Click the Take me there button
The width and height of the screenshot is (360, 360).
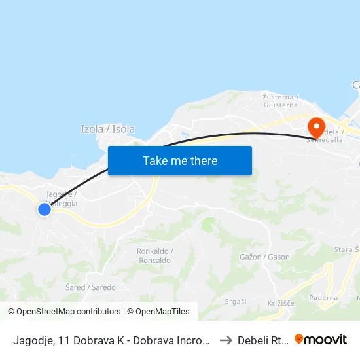[180, 161]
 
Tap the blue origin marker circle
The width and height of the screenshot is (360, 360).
[44, 209]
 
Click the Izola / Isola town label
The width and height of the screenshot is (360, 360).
[107, 129]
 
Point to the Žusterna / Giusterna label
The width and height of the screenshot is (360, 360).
[280, 100]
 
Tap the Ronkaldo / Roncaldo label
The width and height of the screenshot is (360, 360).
[154, 255]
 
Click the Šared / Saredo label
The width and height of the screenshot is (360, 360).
[91, 287]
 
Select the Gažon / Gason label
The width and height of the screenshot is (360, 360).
[264, 257]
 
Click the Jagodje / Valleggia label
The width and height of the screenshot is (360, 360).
[62, 199]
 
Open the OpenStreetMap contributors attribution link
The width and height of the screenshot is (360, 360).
[65, 312]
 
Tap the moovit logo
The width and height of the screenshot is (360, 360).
[321, 339]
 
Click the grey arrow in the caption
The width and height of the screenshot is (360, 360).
[224, 340]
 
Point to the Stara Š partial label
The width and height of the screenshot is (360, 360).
[346, 249]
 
